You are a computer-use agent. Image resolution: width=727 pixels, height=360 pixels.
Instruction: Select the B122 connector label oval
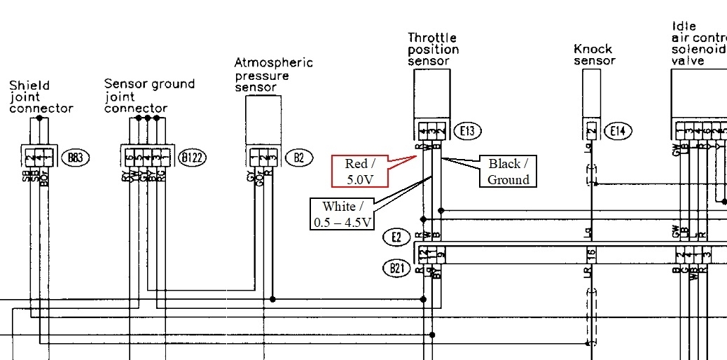pos(191,157)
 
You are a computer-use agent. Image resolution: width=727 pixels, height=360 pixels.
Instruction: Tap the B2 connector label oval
pos(299,157)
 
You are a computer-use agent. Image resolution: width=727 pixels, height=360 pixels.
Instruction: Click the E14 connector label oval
pos(617,130)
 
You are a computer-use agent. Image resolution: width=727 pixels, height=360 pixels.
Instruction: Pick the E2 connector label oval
pos(396,237)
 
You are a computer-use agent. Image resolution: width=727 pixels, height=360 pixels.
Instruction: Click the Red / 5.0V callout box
pos(361,172)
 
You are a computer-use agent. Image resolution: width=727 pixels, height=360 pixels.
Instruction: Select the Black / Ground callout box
pos(508,172)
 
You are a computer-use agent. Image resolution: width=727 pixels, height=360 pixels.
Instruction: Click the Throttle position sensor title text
pos(434,49)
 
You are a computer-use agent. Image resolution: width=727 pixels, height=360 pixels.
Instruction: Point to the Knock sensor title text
pos(594,55)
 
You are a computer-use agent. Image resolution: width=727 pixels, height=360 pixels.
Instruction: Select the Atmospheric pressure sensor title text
pos(273,74)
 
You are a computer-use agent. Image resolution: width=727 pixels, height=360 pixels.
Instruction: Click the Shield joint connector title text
pos(41,97)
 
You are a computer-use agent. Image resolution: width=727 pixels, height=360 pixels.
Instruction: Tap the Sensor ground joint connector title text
pos(149,96)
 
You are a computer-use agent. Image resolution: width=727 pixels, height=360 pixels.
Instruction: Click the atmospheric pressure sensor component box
pos(263,120)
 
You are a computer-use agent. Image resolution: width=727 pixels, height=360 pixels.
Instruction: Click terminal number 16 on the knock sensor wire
pos(591,254)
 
